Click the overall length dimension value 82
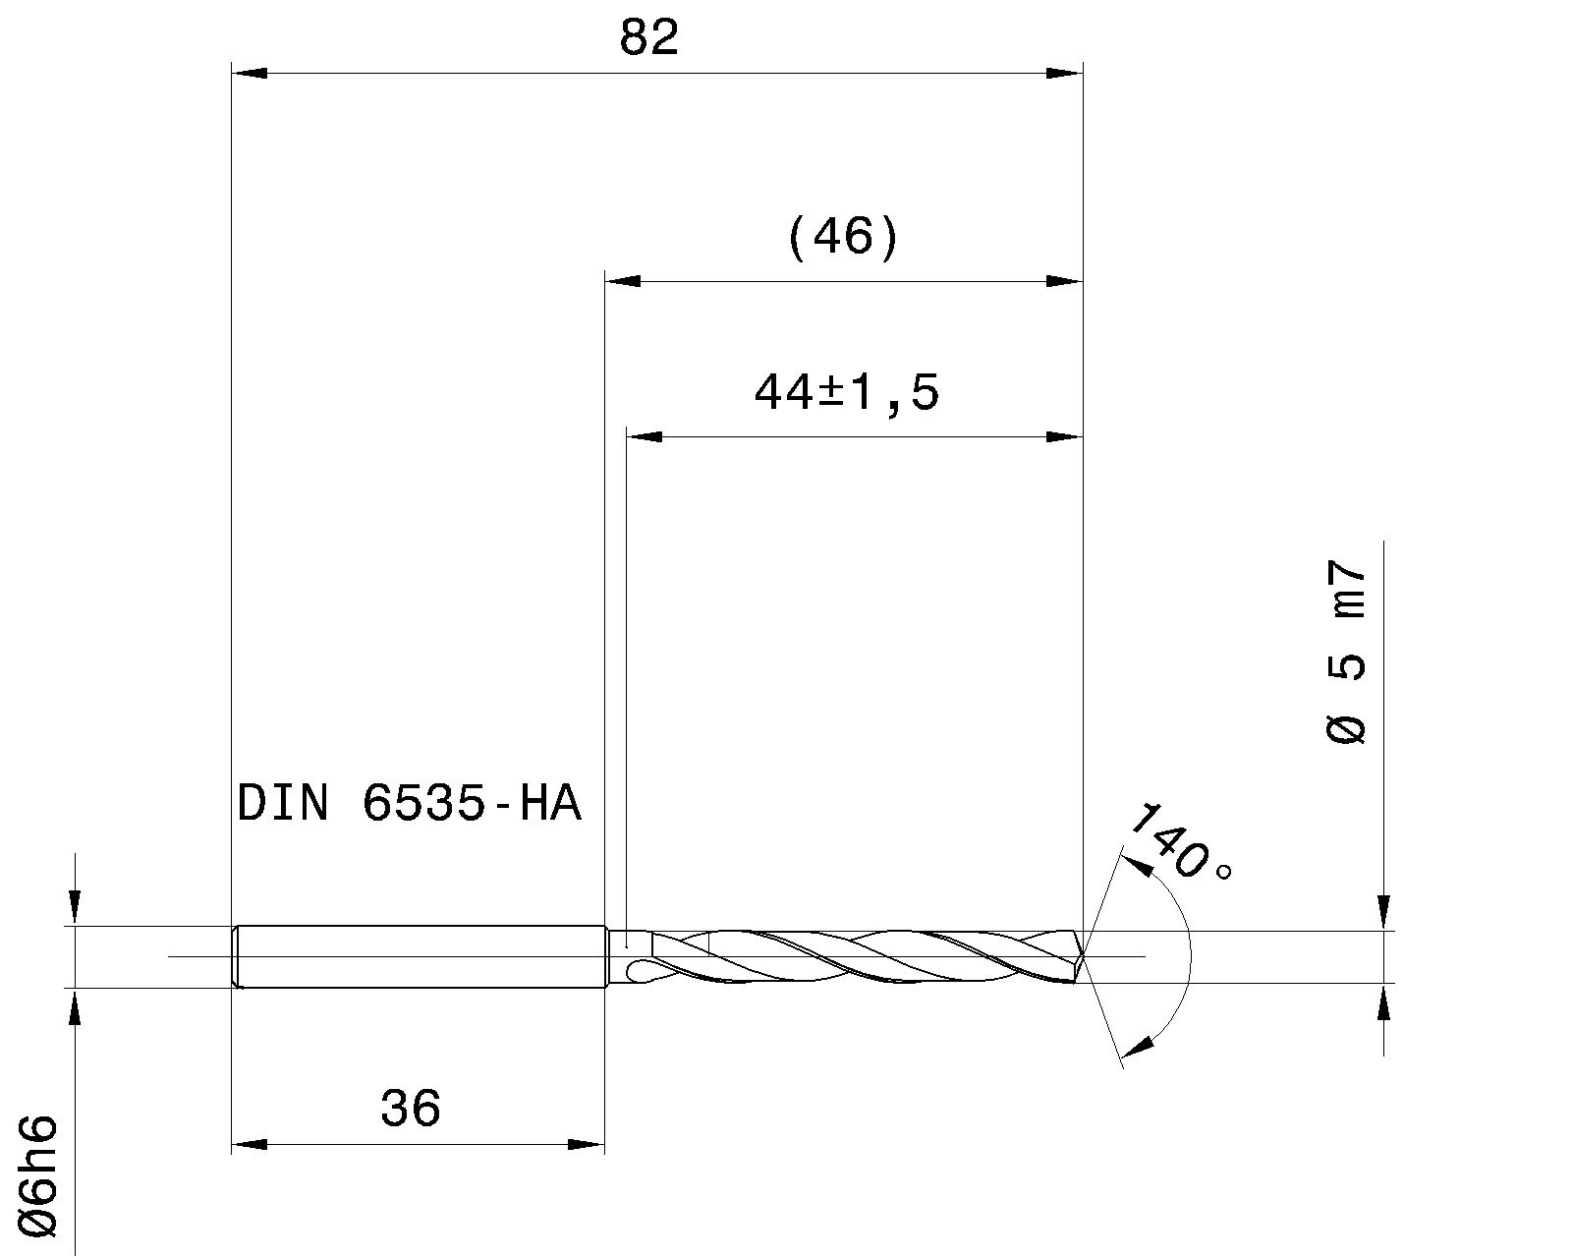tap(649, 39)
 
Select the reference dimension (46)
tap(843, 238)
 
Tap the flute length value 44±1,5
tap(847, 393)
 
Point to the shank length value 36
tap(411, 1109)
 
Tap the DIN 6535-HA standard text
tap(410, 804)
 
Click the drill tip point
tap(1083, 955)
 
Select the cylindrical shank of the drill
tap(422, 956)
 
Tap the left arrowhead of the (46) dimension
tap(622, 281)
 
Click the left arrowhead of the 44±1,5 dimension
tap(645, 436)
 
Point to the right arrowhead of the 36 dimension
tap(587, 1144)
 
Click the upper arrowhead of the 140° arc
tap(1136, 864)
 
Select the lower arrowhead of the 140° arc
tap(1137, 1047)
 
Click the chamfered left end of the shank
tap(236, 956)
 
